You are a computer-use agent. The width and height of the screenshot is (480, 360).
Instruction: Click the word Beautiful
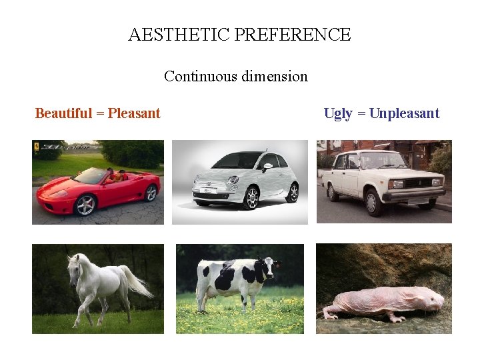(63, 113)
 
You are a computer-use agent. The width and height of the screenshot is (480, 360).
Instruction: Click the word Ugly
(338, 113)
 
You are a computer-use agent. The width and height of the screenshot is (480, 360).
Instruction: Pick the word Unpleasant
(404, 113)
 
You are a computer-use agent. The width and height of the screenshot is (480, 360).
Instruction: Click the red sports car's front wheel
(85, 205)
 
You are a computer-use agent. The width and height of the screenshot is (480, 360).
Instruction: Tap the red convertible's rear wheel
(151, 193)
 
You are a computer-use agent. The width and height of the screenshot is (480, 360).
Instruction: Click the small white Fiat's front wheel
(251, 198)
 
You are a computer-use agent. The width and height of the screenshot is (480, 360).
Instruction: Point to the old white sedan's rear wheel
(332, 192)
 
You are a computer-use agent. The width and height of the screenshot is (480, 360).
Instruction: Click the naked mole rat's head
(433, 301)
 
